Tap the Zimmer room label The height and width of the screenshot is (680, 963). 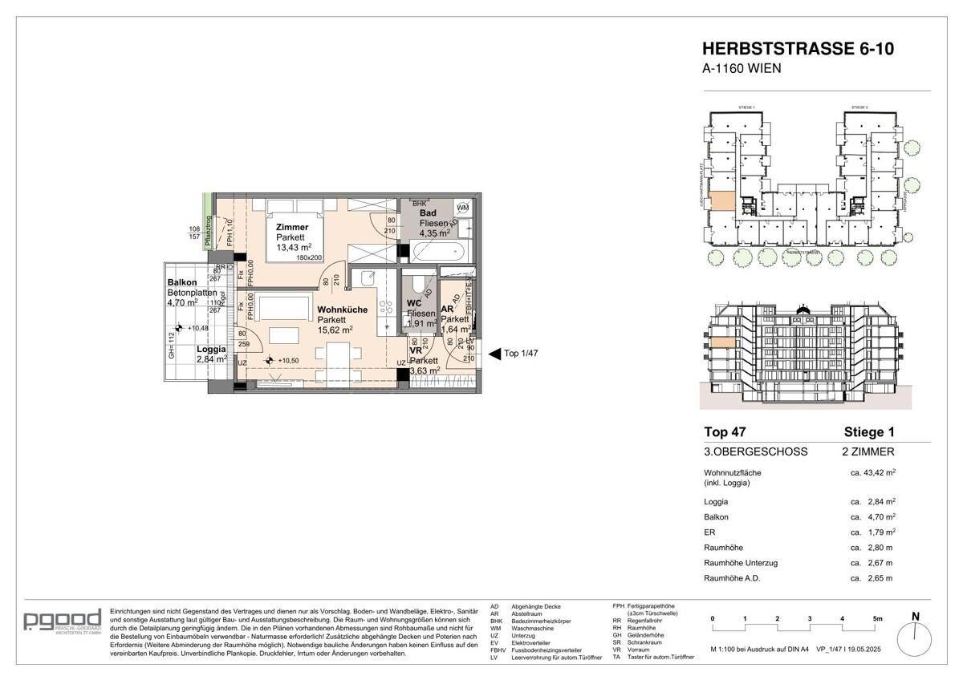point(291,227)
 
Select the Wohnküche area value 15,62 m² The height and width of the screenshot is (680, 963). point(335,330)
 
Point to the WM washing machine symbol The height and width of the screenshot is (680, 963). point(463,208)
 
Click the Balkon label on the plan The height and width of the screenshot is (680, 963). point(183,282)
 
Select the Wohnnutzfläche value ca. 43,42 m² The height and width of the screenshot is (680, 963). point(872,473)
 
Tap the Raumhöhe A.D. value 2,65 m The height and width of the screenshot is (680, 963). point(872,578)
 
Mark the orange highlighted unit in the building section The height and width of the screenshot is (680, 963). point(722,343)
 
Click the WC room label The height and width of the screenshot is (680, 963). point(414,302)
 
